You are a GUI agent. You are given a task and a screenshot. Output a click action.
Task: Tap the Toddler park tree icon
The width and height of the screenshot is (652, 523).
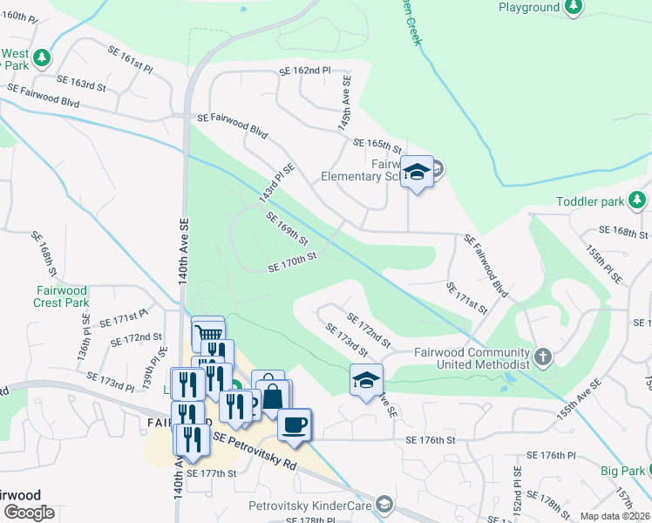(638, 201)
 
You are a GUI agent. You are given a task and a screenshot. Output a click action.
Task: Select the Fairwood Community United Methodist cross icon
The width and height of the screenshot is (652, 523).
(543, 357)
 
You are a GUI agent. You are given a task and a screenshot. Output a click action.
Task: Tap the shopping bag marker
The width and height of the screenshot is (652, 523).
(273, 396)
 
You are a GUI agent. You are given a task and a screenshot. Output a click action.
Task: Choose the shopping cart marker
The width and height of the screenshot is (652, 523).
(207, 332)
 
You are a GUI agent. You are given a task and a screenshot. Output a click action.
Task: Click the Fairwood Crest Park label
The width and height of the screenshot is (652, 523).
(63, 296)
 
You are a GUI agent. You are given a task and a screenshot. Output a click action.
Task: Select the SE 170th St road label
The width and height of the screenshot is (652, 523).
(291, 261)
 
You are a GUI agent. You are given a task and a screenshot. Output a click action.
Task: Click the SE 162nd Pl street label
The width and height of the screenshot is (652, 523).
(305, 71)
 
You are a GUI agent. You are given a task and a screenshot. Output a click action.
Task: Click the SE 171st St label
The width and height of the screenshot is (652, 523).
(465, 297)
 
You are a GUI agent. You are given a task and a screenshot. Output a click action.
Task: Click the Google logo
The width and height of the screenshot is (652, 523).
(29, 513)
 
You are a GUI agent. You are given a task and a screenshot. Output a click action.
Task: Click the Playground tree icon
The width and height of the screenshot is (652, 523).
(573, 8)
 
